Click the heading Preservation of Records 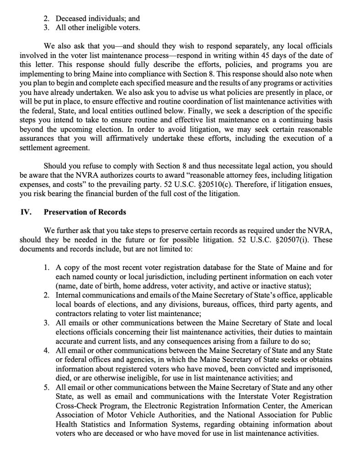(x=85, y=212)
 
